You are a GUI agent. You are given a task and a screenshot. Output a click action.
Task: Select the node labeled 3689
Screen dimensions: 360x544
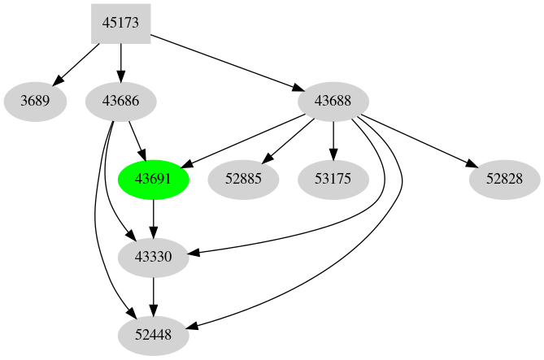pyautogui.click(x=35, y=102)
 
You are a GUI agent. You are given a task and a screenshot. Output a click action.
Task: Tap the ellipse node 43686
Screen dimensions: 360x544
pyautogui.click(x=121, y=102)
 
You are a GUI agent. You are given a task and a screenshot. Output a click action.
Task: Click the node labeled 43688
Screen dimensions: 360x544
pyautogui.click(x=333, y=102)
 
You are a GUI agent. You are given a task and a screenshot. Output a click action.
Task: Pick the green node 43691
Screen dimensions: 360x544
pyautogui.click(x=154, y=179)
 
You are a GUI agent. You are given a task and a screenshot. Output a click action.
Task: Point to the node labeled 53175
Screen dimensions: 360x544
pyautogui.click(x=333, y=179)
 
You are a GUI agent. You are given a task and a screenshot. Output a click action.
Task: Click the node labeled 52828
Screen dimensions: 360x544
pyautogui.click(x=505, y=179)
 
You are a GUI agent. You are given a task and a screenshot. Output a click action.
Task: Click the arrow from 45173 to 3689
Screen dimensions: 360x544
pyautogui.click(x=77, y=63)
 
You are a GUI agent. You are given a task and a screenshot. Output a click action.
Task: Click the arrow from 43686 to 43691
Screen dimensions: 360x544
pyautogui.click(x=137, y=140)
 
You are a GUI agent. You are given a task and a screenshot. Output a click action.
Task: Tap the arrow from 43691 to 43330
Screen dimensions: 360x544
pyautogui.click(x=154, y=218)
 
